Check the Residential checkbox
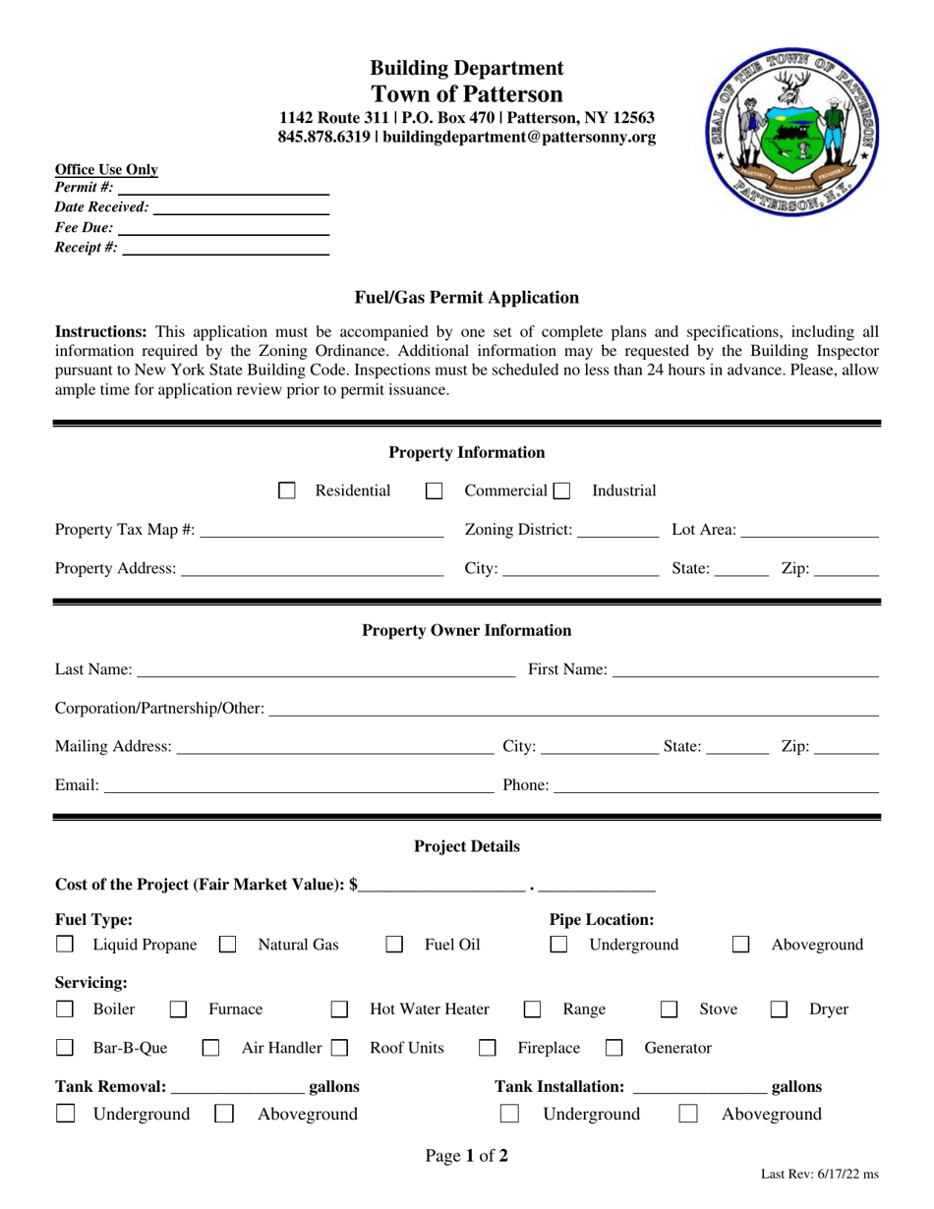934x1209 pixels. (287, 490)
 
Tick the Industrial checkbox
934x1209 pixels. (561, 490)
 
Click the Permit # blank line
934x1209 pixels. (223, 188)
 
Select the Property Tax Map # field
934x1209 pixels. (321, 531)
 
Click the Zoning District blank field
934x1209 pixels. (618, 531)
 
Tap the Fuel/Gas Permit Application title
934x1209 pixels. (466, 298)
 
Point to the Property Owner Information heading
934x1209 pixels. (466, 631)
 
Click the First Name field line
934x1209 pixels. (744, 670)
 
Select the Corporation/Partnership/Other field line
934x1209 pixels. (573, 710)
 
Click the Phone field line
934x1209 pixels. (717, 786)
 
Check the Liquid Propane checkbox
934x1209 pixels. (64, 946)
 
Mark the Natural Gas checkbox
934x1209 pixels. (227, 946)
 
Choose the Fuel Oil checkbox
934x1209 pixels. (394, 946)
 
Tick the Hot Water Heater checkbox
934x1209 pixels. (339, 1009)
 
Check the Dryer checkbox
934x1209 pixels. (779, 1009)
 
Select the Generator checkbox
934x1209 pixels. (614, 1049)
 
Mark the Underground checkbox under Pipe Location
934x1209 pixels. (558, 946)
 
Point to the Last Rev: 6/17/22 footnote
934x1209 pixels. (820, 1175)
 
